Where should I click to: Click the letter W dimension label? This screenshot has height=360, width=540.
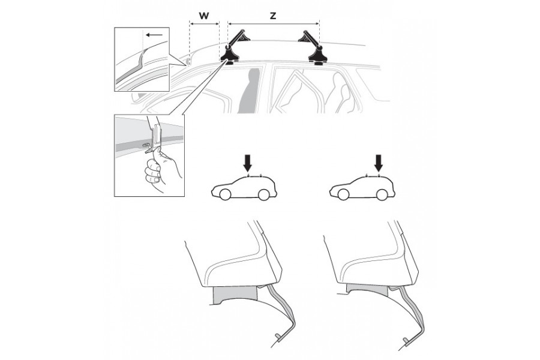[x=204, y=16]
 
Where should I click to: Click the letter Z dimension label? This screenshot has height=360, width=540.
[x=273, y=16]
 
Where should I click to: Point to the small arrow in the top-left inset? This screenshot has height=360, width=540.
[x=154, y=35]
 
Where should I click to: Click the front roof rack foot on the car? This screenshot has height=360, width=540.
[x=229, y=55]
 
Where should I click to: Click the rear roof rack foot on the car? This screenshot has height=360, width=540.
[x=317, y=55]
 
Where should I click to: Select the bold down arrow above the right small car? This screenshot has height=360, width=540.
[x=379, y=162]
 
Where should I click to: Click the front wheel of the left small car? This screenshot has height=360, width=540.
[x=224, y=194]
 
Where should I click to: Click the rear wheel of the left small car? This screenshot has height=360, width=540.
[x=263, y=194]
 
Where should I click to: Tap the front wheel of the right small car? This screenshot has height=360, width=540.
[x=343, y=194]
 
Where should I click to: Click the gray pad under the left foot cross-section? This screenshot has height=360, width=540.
[x=236, y=295]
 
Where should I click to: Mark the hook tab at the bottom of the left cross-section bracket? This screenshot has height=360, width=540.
[x=280, y=337]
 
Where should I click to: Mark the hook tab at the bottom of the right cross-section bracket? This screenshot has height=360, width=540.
[x=408, y=341]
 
